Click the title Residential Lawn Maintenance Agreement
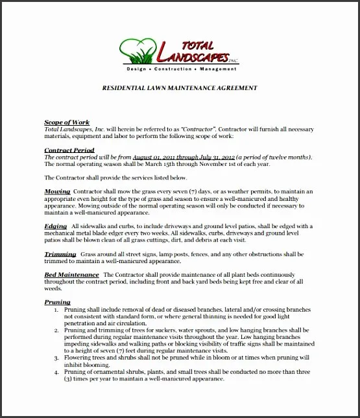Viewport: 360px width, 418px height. (180, 87)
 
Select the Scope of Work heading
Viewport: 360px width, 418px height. (66, 122)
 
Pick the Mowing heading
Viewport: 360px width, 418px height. (56, 192)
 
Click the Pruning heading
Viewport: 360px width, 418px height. (57, 302)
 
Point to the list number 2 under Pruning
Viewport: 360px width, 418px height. (56, 330)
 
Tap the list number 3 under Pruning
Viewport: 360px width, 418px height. (56, 357)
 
